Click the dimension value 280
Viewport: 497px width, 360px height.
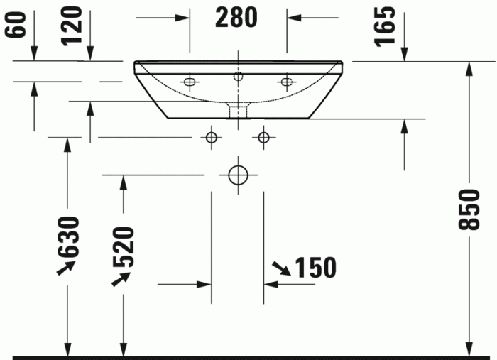tap(237, 18)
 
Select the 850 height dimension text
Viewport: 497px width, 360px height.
tap(467, 210)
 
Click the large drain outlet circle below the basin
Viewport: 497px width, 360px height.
tap(237, 174)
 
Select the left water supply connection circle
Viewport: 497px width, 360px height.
tap(211, 136)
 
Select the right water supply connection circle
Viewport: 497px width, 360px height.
tap(263, 136)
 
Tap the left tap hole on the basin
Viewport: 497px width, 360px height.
tap(189, 82)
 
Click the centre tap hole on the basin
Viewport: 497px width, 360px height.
tap(238, 74)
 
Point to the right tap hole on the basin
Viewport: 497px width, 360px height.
tap(287, 82)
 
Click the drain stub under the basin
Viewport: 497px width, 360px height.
tap(237, 110)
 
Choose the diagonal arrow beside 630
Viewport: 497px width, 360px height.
tap(67, 267)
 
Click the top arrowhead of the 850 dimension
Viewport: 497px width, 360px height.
tap(469, 67)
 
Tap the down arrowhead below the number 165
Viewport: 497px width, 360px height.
tap(405, 55)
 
